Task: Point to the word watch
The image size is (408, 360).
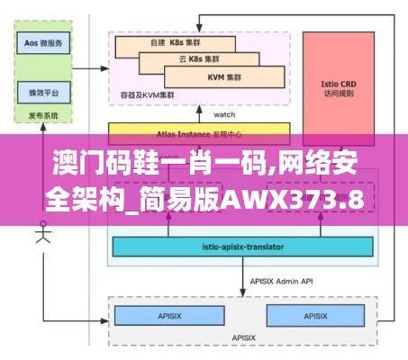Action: click(225, 115)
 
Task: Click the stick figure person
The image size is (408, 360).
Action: click(41, 236)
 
